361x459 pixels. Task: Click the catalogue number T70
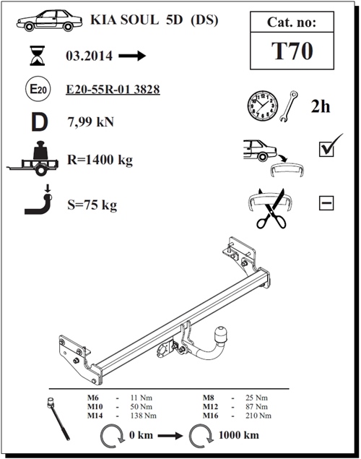pos(292,51)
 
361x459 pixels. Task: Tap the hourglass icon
pos(38,56)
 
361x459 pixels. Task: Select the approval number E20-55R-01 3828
pos(113,90)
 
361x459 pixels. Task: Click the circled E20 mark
pos(38,89)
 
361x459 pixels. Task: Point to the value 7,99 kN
pos(91,121)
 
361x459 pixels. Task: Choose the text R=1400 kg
pos(100,160)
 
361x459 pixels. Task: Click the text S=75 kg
pos(92,205)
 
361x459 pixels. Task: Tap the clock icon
pos(263,106)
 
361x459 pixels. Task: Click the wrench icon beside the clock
pos(289,106)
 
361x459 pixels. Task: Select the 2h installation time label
pos(321,106)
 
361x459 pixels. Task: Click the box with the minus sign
pos(326,203)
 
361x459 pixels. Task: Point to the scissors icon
pos(271,210)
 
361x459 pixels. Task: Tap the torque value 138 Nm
pos(143,416)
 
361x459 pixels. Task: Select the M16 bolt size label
pos(210,416)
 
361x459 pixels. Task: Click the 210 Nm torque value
pos(258,416)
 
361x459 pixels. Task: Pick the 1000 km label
pos(239,435)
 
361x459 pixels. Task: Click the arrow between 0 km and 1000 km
pos(170,436)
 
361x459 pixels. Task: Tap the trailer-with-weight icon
pos(32,158)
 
